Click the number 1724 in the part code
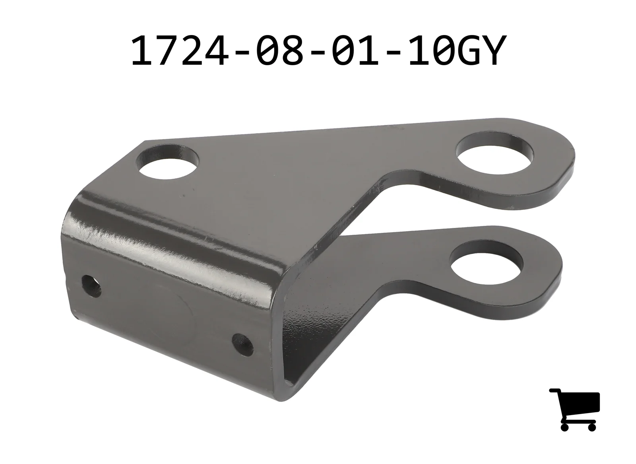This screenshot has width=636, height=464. coord(179,51)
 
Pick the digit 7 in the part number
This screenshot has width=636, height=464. coord(167,51)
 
